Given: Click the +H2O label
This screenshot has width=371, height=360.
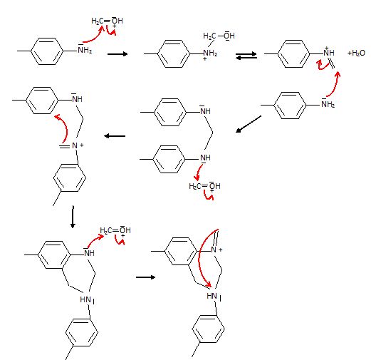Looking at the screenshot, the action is pos(356,53).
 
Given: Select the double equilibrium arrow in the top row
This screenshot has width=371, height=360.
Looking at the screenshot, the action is pos(246,56).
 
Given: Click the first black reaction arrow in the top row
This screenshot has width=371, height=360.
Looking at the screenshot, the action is pos(117,54).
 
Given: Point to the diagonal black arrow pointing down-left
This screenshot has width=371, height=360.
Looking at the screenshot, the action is pos(249,124).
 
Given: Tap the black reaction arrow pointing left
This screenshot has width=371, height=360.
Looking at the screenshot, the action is pos(115,136).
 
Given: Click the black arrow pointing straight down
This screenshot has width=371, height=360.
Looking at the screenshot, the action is pos(73,217).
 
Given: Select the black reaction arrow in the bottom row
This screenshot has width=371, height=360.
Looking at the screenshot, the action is pos(145,277).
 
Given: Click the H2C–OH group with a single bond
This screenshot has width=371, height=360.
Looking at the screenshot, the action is pos(219,36).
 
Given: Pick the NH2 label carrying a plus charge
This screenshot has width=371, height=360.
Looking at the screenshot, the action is pos(210,54).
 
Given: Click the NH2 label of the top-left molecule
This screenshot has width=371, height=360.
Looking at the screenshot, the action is pos(85,49).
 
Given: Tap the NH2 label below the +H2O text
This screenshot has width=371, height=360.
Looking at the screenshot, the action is pos(328,103).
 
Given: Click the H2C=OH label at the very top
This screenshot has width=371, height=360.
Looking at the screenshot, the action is pos(107,21).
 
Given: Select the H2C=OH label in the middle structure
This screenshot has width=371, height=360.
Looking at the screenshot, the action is pos(204,186).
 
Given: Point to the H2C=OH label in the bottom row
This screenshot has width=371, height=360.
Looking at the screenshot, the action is pos(115,230).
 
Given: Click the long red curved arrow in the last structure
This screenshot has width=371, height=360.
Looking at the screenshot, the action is pos(199,257).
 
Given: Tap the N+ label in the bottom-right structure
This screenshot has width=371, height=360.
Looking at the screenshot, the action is pos(216,250).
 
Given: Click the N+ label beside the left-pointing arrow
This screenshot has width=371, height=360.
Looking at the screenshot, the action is pos(78,145).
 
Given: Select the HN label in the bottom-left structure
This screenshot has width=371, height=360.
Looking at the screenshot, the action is pos(85,299).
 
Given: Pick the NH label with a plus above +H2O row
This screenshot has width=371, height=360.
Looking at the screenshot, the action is pos(329,52).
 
